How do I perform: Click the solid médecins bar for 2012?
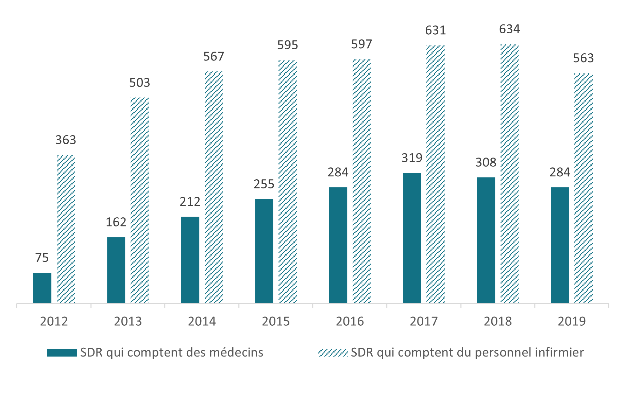(x=42, y=288)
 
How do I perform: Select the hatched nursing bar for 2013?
(x=140, y=200)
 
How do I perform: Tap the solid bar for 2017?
(x=412, y=238)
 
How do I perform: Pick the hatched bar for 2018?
(x=509, y=174)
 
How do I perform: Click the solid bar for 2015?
(x=264, y=251)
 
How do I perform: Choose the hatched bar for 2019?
(x=583, y=188)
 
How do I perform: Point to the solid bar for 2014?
(x=190, y=260)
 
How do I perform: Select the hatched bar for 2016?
(x=361, y=181)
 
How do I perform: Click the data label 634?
(x=509, y=29)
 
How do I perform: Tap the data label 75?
(x=42, y=258)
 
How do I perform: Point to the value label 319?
(x=412, y=158)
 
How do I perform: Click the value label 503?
(x=140, y=83)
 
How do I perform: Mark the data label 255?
(x=264, y=184)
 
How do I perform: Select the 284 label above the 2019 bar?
(x=560, y=172)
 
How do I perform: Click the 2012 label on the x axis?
(x=54, y=321)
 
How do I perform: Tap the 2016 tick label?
(x=350, y=321)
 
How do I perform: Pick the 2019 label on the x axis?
(x=572, y=321)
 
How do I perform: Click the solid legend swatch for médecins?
(x=62, y=352)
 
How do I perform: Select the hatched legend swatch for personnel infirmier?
(x=333, y=352)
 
